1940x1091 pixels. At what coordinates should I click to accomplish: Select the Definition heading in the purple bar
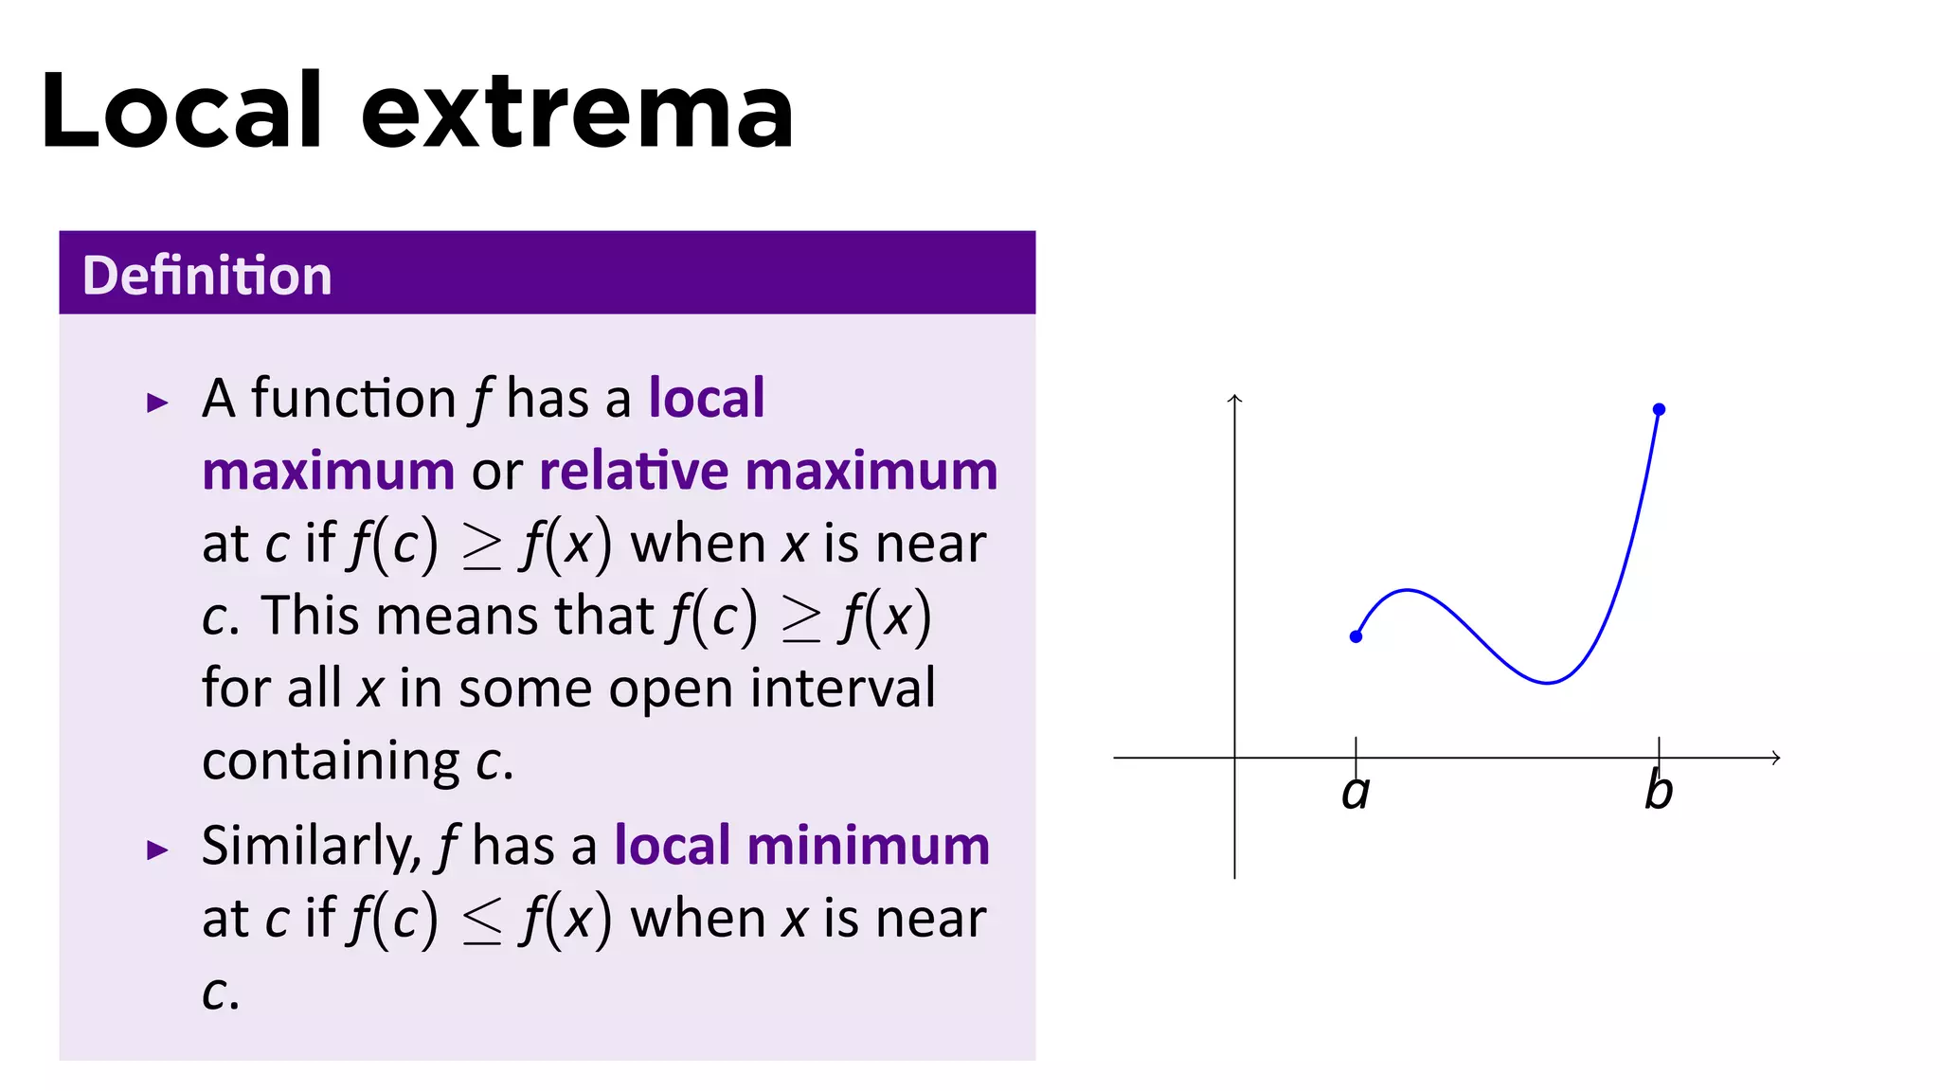pos(207,276)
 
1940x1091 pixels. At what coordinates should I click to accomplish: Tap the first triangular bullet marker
pos(157,403)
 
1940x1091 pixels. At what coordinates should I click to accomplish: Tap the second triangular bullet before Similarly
pos(157,850)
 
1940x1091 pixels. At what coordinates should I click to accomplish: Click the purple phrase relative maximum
pos(768,471)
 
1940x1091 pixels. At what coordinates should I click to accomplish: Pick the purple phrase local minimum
pos(801,845)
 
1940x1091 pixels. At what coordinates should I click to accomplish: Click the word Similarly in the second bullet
pos(311,847)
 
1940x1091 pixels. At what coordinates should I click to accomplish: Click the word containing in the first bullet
pos(331,760)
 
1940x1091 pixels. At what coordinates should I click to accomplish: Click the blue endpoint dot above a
pos(1356,636)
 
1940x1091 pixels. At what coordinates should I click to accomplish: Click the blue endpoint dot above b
pos(1659,409)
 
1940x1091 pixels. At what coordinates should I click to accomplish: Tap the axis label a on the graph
pos(1356,792)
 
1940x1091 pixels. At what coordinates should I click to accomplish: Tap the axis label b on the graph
pos(1659,790)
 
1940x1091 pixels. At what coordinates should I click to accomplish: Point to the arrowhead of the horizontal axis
pos(1776,758)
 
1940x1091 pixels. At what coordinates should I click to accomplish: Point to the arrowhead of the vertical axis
pos(1234,399)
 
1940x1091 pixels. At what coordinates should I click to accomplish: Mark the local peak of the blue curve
pos(1408,590)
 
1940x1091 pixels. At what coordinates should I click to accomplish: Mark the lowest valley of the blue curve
pos(1547,682)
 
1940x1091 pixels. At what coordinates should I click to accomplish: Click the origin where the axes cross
pos(1234,758)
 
